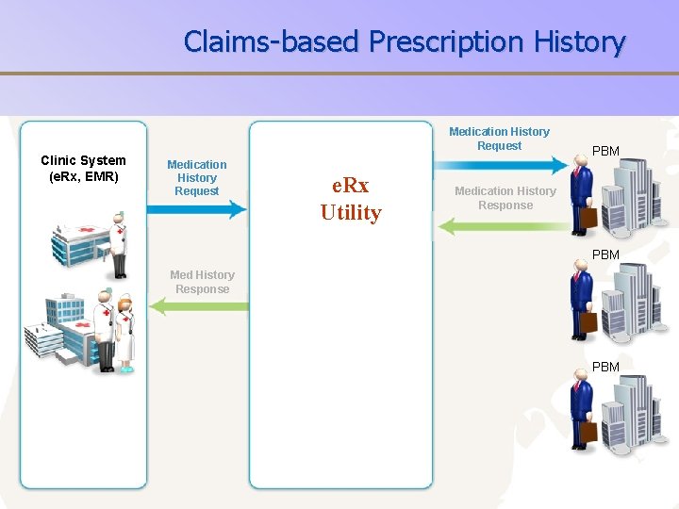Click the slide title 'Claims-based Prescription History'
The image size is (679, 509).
[x=405, y=41]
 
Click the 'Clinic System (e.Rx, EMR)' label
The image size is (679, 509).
[x=83, y=168]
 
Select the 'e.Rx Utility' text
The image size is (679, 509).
[x=350, y=200]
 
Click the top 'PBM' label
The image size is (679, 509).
[x=604, y=151]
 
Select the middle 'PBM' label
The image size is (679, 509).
[x=604, y=254]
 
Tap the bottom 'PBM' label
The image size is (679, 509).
[x=604, y=367]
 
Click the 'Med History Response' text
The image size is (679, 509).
[x=202, y=282]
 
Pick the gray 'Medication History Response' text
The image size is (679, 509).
[x=505, y=198]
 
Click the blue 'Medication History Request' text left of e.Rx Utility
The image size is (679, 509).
[x=196, y=177]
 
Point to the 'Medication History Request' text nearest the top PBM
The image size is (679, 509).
[x=499, y=139]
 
